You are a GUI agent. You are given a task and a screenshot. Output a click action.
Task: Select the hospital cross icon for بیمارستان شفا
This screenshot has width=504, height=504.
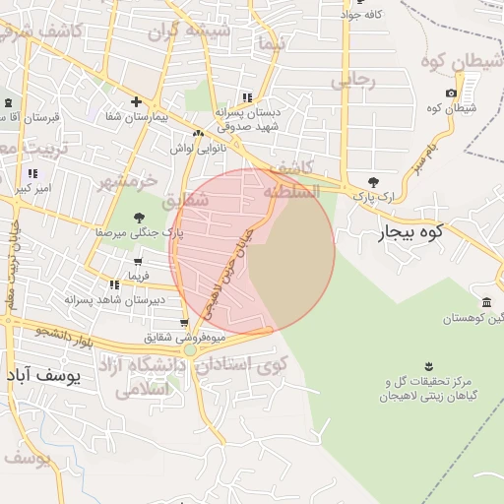pos(137,102)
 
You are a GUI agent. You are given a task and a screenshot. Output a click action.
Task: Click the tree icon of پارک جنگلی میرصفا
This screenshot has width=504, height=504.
pos(139,218)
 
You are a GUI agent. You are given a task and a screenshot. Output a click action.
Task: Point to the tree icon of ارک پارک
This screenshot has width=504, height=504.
pos(372,182)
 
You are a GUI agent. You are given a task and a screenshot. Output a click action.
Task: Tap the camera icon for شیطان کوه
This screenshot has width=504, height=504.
pos(451,94)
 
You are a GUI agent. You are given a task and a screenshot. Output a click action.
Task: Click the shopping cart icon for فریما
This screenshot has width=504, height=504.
pos(137,263)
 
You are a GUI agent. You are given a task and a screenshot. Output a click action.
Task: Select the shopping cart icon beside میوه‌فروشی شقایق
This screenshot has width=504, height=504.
pos(184,323)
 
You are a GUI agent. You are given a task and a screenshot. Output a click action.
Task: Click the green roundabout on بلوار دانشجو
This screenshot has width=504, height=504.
pos(190,349)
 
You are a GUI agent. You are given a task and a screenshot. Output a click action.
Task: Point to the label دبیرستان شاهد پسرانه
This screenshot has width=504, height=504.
pos(113,299)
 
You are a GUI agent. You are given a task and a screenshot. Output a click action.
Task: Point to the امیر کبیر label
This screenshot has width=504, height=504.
pos(44,186)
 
